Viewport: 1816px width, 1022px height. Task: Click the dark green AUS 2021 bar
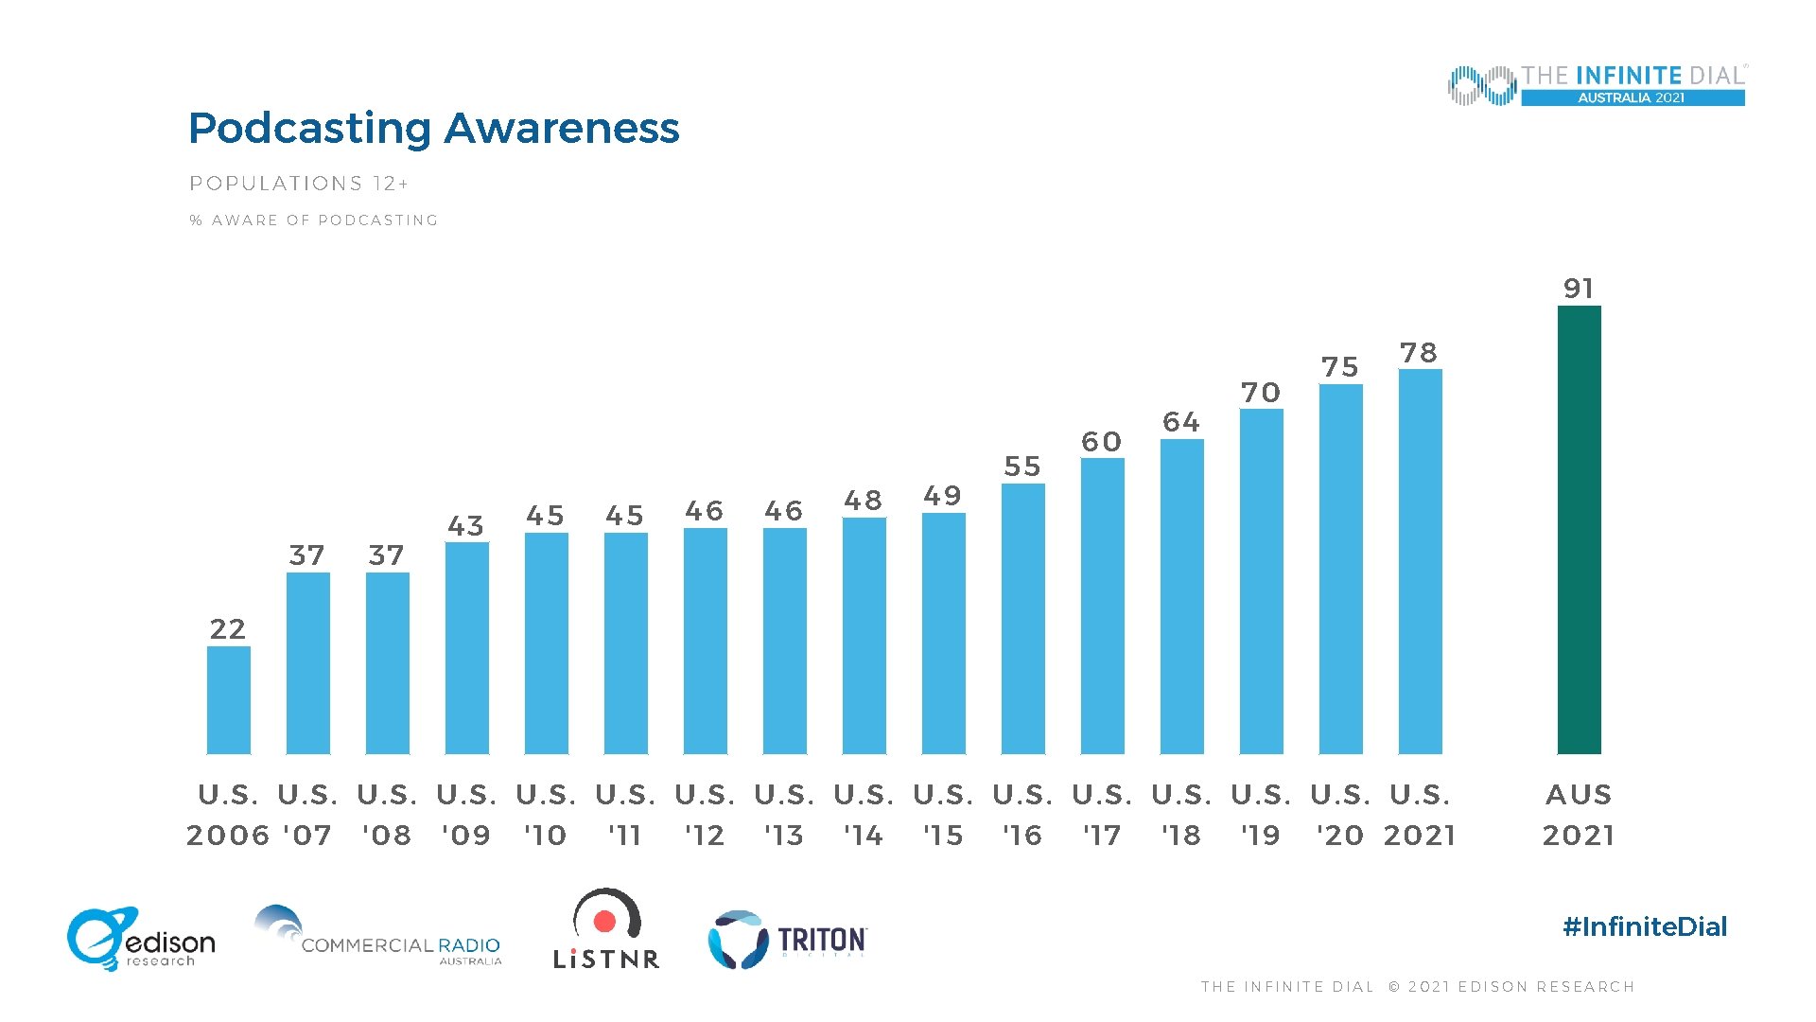(x=1579, y=530)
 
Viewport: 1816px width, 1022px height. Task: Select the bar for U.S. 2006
(x=229, y=700)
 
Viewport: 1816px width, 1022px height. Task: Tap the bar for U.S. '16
(x=1022, y=619)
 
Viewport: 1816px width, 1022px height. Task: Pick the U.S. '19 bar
(x=1261, y=581)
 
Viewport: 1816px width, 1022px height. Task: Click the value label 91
(x=1579, y=288)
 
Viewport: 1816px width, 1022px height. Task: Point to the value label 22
(x=228, y=628)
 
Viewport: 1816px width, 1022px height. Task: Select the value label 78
(x=1419, y=352)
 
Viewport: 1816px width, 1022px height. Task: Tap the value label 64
(x=1181, y=421)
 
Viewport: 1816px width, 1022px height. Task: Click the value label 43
(x=466, y=525)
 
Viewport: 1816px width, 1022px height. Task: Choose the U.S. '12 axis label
(x=705, y=814)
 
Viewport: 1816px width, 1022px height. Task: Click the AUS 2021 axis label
(x=1579, y=814)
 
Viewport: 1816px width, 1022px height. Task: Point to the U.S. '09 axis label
(x=466, y=814)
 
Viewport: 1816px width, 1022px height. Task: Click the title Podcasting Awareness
(x=433, y=128)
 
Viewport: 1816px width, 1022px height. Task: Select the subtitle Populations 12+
(x=299, y=184)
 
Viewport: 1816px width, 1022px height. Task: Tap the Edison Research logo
(x=140, y=939)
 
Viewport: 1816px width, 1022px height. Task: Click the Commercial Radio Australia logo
(x=378, y=937)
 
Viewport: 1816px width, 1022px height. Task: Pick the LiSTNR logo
(x=606, y=929)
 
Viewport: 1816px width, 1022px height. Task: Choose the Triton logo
(x=787, y=940)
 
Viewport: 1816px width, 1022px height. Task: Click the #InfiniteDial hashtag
(x=1645, y=926)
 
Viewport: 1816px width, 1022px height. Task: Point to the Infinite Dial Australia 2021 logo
(x=1597, y=85)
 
